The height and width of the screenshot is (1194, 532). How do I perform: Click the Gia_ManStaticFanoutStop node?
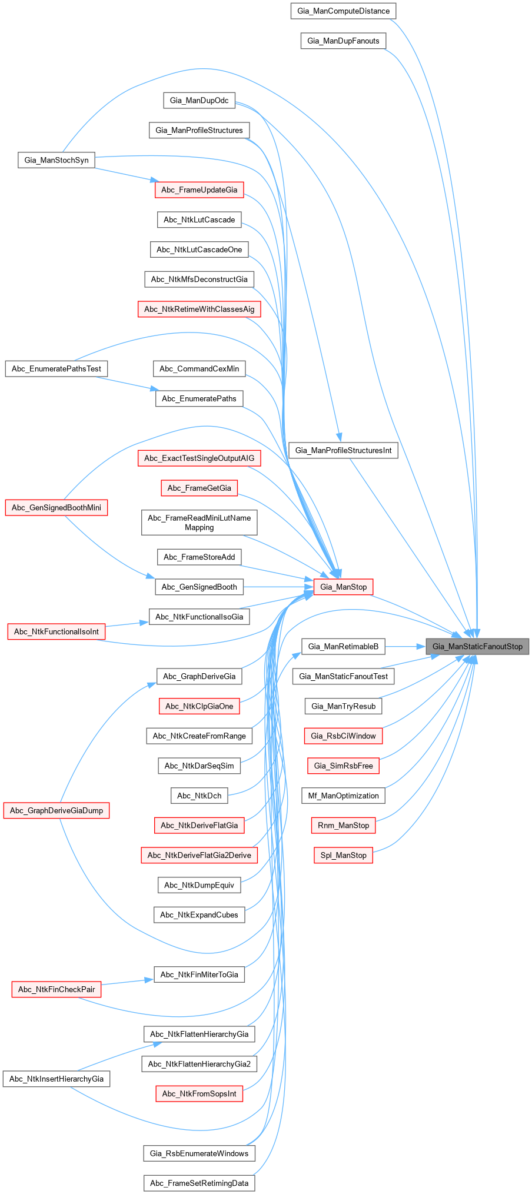[x=477, y=646]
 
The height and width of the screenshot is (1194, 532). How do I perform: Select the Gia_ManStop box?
[x=343, y=587]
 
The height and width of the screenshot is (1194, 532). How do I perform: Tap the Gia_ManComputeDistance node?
[x=343, y=11]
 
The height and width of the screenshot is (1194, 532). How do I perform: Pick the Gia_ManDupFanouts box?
[x=343, y=41]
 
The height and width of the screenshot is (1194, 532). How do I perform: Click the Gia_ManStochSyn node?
[x=56, y=160]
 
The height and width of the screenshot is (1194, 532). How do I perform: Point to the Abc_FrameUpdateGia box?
[x=199, y=189]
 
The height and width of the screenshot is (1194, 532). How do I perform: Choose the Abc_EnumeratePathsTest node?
[x=56, y=369]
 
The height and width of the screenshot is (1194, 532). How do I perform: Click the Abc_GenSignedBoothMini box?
[x=56, y=508]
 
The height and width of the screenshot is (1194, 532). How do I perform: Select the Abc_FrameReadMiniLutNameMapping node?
[x=199, y=523]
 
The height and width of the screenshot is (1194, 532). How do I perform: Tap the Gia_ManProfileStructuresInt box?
[x=343, y=450]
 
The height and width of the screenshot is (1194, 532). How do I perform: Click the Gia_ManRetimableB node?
[x=343, y=646]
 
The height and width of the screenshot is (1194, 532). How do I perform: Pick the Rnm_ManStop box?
[x=343, y=825]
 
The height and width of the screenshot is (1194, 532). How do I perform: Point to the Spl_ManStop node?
[x=343, y=855]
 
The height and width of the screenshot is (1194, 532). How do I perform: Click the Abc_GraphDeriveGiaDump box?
[x=56, y=810]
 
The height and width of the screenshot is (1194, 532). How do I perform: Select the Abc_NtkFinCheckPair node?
[x=56, y=989]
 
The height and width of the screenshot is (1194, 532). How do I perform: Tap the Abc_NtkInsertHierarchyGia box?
[x=56, y=1079]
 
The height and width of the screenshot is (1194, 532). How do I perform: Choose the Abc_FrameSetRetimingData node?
[x=199, y=1183]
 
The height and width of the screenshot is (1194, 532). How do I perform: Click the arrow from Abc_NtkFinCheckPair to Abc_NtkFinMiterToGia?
[x=127, y=982]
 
